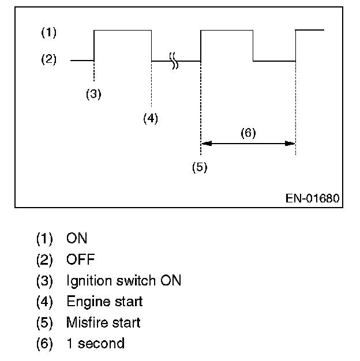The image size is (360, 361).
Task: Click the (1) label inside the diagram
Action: pyautogui.click(x=48, y=33)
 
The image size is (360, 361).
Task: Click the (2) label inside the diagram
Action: pyautogui.click(x=48, y=59)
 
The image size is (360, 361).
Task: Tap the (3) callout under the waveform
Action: pyautogui.click(x=93, y=95)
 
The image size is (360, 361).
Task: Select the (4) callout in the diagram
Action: pyautogui.click(x=151, y=118)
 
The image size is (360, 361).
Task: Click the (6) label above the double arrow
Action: pyautogui.click(x=247, y=133)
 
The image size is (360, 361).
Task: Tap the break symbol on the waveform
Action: pyautogui.click(x=174, y=60)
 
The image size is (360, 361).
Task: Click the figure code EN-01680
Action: pyautogui.click(x=312, y=198)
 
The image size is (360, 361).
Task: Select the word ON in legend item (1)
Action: pyautogui.click(x=77, y=238)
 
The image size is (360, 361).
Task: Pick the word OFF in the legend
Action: pyautogui.click(x=80, y=260)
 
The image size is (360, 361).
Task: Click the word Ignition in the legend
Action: pyautogui.click(x=87, y=281)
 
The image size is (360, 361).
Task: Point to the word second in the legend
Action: pyautogui.click(x=101, y=344)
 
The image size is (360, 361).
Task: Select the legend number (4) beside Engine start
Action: pyautogui.click(x=44, y=302)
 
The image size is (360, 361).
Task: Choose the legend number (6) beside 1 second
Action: pyautogui.click(x=44, y=344)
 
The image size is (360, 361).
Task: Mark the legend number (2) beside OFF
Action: pyautogui.click(x=44, y=260)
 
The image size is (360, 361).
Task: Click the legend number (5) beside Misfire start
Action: pyautogui.click(x=44, y=322)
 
